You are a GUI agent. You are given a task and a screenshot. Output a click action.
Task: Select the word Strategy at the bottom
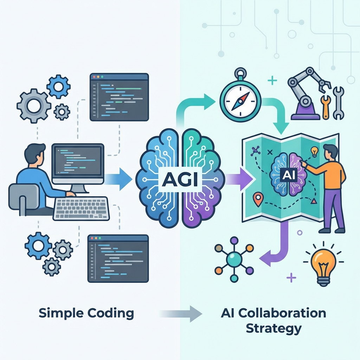(x=274, y=329)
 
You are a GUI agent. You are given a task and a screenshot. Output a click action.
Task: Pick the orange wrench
(x=326, y=107)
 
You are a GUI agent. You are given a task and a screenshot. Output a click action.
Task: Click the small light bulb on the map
(x=314, y=152)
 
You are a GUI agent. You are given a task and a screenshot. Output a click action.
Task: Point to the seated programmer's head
(x=35, y=155)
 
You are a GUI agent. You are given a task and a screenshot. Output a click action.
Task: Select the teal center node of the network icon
(x=234, y=259)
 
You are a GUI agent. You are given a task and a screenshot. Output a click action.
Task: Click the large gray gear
(x=34, y=106)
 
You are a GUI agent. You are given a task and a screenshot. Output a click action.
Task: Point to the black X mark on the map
(x=270, y=152)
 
